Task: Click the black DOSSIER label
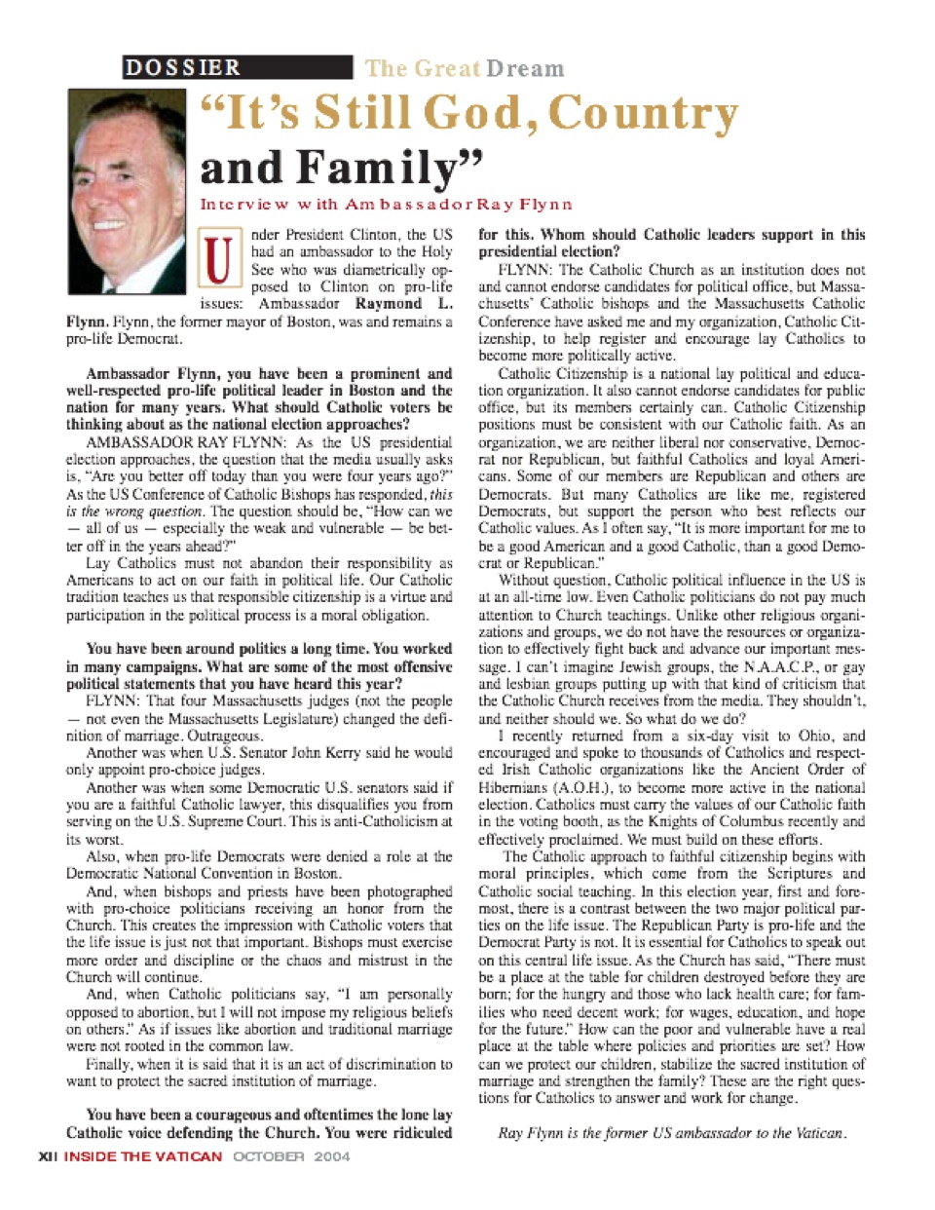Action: pos(183,67)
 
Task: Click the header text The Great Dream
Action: pos(465,68)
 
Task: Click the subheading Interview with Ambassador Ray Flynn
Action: pos(386,205)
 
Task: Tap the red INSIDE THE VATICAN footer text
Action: pos(143,1156)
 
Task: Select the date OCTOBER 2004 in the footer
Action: pos(290,1156)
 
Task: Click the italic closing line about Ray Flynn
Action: pos(672,1133)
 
